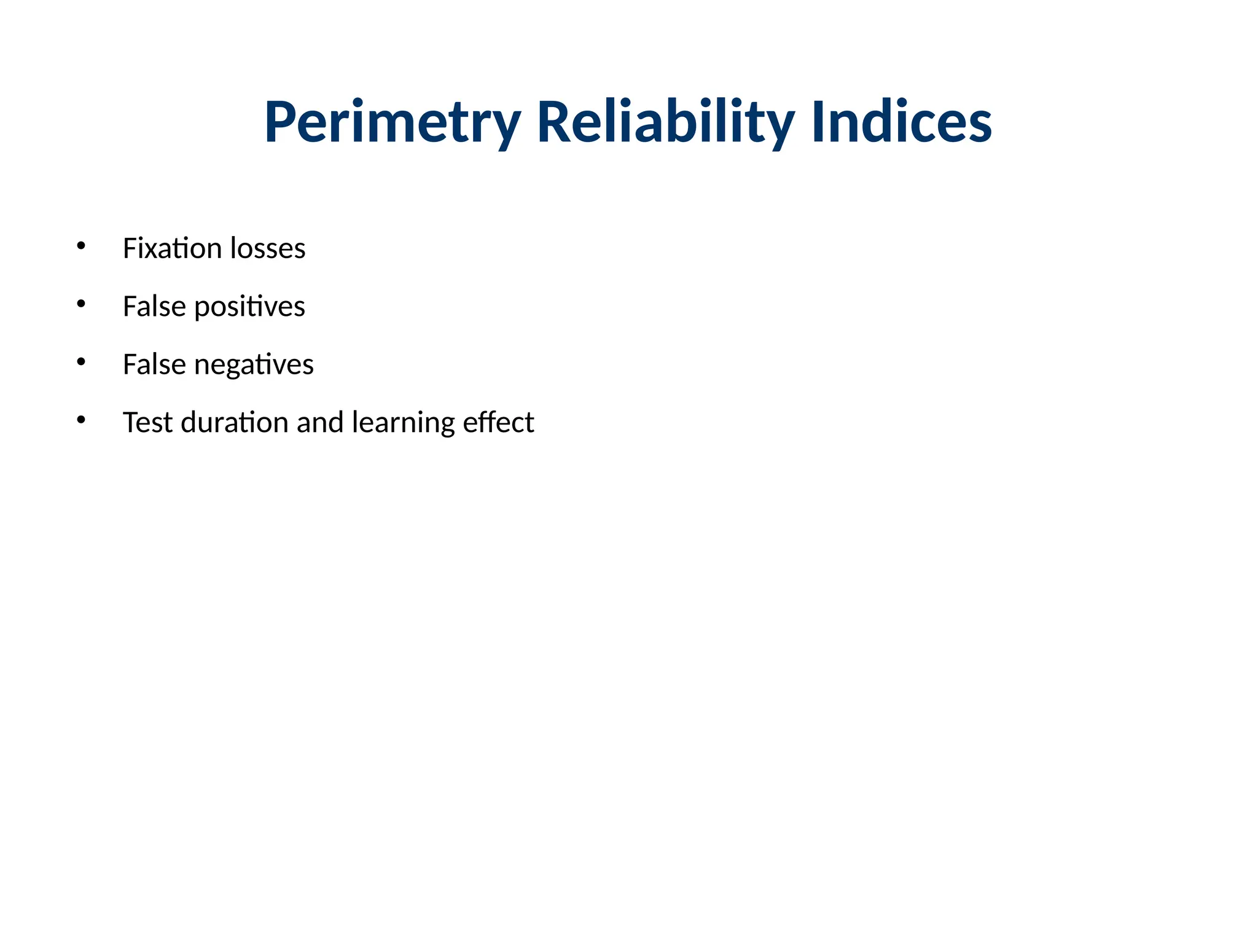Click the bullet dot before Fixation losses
[x=81, y=246]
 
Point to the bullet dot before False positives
[x=81, y=304]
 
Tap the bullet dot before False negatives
[x=81, y=362]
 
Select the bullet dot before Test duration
[x=81, y=420]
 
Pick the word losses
[x=268, y=248]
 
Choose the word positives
[x=249, y=307]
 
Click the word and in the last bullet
[x=320, y=422]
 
